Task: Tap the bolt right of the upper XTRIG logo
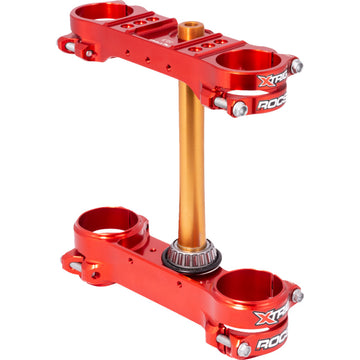(296, 66)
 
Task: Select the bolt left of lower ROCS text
(244, 349)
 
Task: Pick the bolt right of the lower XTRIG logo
(296, 296)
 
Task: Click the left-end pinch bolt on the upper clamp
(66, 43)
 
